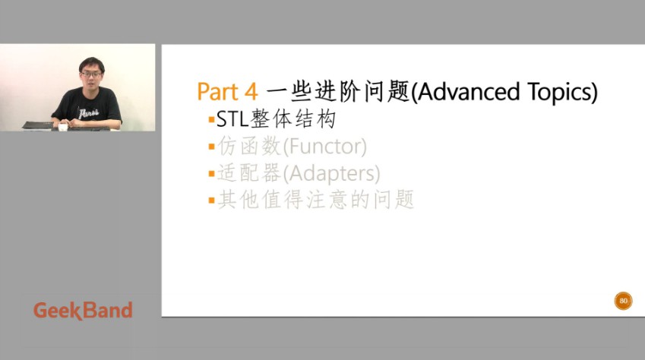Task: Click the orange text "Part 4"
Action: click(227, 91)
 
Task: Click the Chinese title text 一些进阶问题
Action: click(338, 91)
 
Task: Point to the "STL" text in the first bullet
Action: click(232, 119)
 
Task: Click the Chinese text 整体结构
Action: click(293, 119)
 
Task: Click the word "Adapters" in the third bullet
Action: click(331, 174)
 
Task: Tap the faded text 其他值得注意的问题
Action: click(315, 200)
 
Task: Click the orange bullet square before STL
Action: click(211, 120)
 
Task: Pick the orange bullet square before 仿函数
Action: click(211, 147)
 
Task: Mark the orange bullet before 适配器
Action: click(211, 174)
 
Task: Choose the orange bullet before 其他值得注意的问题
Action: click(211, 201)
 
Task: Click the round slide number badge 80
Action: click(623, 301)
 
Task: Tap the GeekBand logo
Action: click(83, 310)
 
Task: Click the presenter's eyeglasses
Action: click(91, 74)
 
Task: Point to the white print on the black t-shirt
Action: click(88, 113)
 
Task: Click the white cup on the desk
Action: click(62, 127)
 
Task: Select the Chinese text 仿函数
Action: click(249, 146)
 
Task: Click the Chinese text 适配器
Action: click(249, 173)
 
